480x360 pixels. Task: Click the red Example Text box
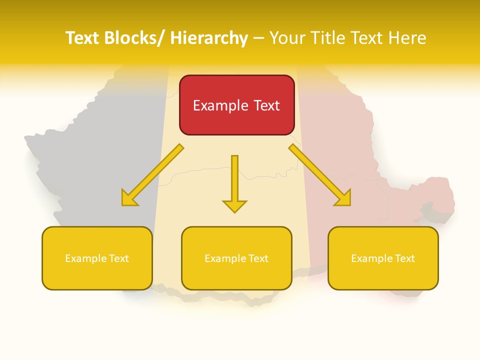coord(236,105)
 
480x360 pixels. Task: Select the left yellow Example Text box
coord(97,258)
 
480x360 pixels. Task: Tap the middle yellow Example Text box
coord(236,258)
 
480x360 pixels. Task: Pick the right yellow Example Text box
coord(383,258)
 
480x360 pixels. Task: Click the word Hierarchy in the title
coord(209,38)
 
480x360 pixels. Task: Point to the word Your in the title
coord(287,38)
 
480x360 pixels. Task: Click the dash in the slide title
coord(258,38)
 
